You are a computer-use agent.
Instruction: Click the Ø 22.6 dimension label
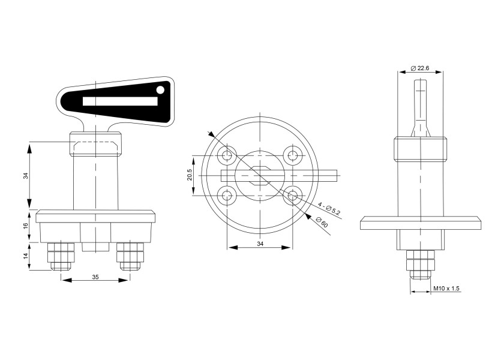[420, 68]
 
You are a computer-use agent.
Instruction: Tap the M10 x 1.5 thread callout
[446, 289]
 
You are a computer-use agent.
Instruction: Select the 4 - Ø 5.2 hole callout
[329, 208]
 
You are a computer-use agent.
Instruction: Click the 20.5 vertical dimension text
[190, 175]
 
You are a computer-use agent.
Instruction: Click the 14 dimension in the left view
[26, 256]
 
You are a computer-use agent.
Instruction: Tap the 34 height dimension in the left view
[26, 176]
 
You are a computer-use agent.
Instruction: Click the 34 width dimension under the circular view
[259, 244]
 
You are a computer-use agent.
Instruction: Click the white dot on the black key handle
[160, 90]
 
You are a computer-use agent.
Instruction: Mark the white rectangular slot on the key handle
[120, 101]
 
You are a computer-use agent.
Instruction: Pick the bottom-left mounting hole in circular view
[227, 194]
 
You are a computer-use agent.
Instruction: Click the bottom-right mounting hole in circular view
[293, 194]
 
